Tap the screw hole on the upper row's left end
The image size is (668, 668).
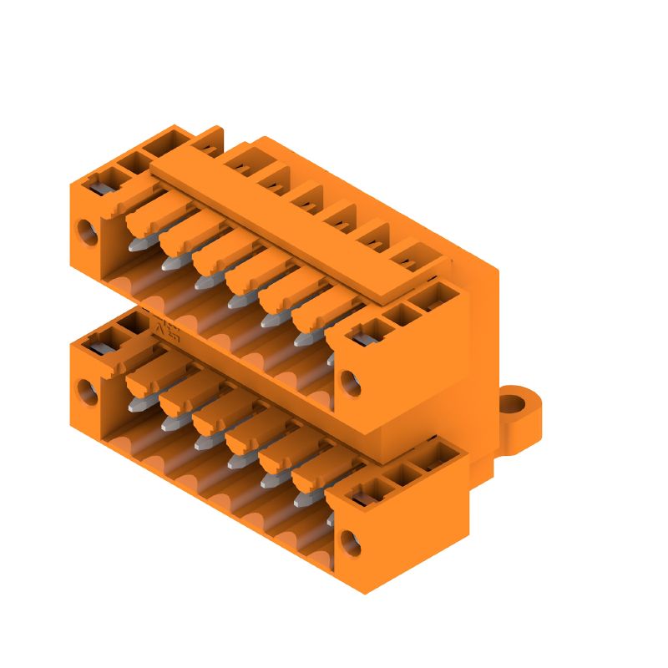click(x=87, y=231)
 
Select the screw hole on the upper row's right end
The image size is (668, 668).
click(x=352, y=384)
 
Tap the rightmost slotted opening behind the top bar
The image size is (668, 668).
click(x=408, y=258)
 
